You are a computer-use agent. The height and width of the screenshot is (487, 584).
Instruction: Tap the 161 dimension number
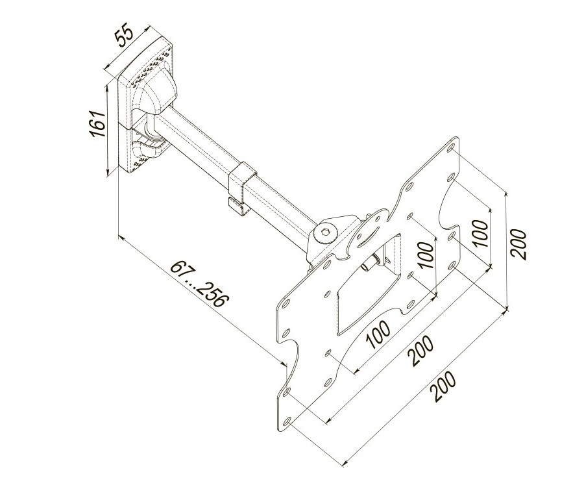[97, 124]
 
